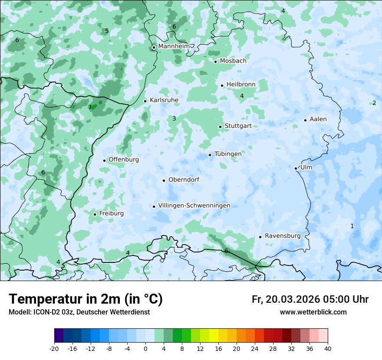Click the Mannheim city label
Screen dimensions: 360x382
point(174,46)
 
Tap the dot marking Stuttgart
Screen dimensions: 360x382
point(220,127)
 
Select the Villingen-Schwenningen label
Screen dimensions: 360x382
point(194,206)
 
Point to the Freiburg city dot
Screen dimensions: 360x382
point(95,214)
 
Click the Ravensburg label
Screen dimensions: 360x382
point(283,236)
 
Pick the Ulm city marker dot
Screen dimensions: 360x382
point(296,168)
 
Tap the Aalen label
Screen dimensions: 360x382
point(318,119)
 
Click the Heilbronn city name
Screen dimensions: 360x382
point(241,84)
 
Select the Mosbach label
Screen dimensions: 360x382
point(233,61)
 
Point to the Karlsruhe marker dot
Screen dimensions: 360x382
point(145,101)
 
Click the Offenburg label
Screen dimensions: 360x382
point(124,160)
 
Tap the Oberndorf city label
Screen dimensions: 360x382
point(184,180)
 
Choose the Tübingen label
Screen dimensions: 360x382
point(228,154)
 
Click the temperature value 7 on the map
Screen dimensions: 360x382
point(90,107)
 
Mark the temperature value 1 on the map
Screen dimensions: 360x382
point(352,226)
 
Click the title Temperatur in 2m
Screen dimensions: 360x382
point(86,299)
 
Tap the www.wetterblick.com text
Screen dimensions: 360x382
point(313,312)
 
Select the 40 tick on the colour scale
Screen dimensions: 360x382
point(328,348)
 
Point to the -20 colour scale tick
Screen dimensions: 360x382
point(54,348)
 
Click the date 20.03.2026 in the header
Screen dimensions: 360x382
point(293,299)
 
